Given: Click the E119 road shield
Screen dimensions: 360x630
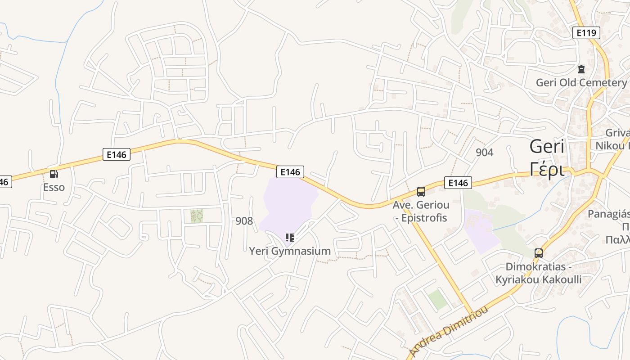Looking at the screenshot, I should coord(586,32).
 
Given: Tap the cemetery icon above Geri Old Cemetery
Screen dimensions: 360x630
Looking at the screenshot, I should coord(581,69).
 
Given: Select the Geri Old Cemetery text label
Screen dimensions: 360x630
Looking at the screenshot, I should coord(581,82).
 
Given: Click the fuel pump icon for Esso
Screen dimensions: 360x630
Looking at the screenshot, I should coord(54,174).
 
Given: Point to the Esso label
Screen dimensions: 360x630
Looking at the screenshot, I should coord(54,187).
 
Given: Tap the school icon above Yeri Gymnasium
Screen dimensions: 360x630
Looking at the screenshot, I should coord(290,237).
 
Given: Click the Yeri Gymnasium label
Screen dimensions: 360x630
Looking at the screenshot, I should coord(290,251).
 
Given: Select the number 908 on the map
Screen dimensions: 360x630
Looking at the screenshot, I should coord(244,220).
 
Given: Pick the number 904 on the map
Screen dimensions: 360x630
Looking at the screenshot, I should coord(484,152).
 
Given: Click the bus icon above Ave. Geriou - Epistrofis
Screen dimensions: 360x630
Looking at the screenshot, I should coord(421,192).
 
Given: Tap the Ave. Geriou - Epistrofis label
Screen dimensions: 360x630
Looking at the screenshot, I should coord(421,211).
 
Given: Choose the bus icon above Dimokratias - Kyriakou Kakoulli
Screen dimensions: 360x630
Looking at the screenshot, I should coord(539,253).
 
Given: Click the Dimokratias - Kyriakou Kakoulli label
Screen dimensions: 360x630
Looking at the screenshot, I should coord(538,273).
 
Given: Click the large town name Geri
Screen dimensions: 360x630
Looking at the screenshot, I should coord(547,147).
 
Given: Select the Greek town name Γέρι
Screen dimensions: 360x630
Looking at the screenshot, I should coord(547,169).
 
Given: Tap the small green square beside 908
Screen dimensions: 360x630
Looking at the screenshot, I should coord(197,216).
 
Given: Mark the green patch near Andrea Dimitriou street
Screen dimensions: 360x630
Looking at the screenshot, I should coord(437,299).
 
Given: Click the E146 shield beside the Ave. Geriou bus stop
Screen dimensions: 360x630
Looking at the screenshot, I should coord(458,182).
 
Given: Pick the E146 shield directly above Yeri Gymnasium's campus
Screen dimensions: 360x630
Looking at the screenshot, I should coord(290,171).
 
